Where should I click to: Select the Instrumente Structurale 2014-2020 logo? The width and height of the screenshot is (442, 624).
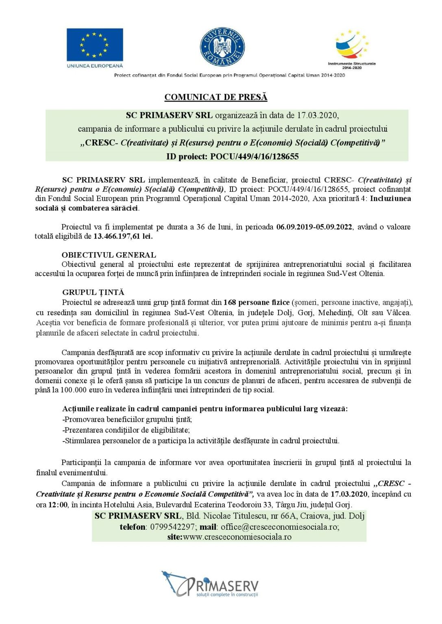tap(351, 48)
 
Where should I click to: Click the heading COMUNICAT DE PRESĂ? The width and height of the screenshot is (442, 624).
tap(216, 97)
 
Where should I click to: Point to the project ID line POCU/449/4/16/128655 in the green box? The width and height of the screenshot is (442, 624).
tap(232, 156)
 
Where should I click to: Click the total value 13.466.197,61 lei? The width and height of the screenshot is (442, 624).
tap(123, 236)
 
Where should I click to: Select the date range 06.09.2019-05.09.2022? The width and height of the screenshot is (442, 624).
tap(314, 227)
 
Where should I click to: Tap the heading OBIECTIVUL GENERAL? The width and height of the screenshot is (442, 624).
tap(109, 255)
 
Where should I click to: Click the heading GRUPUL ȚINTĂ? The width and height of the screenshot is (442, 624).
tap(93, 292)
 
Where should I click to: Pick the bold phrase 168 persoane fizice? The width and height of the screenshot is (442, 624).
tap(257, 302)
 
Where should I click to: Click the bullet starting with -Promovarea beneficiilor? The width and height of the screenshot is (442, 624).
tap(127, 419)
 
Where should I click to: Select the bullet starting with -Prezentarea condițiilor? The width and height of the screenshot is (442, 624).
tap(126, 430)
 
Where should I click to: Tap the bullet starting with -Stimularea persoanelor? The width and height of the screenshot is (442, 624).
tap(201, 440)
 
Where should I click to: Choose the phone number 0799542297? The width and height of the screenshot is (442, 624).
tap(172, 527)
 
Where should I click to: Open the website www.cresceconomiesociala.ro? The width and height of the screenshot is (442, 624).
tap(237, 537)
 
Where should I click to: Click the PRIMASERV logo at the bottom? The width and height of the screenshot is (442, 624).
tap(210, 584)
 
